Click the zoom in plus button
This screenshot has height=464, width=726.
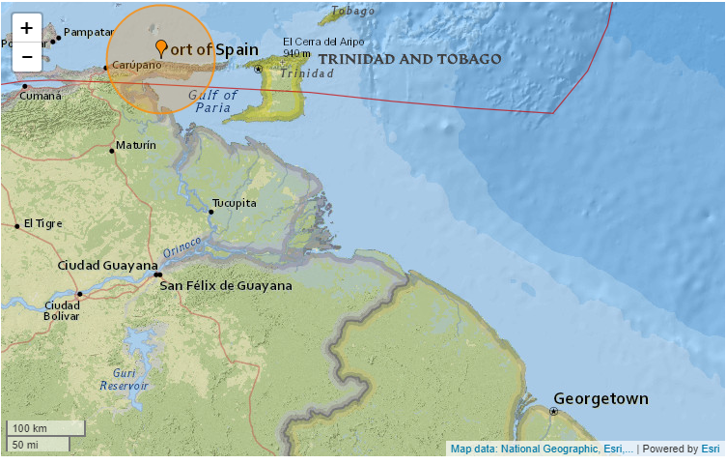[26, 29]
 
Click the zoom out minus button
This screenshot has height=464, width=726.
[26, 57]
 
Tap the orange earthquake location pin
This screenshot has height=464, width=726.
[160, 47]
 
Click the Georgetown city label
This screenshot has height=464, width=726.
[600, 398]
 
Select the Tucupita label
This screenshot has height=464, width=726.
[236, 203]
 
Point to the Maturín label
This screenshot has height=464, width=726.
[135, 146]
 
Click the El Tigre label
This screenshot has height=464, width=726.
[43, 223]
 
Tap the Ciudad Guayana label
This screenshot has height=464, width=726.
[107, 265]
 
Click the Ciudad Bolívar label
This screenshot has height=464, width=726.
[62, 310]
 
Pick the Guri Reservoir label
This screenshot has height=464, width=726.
[124, 379]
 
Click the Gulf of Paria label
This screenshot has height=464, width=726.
[212, 101]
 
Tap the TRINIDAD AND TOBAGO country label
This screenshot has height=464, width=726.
[409, 59]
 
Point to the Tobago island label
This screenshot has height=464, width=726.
[351, 12]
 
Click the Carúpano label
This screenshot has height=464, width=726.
[135, 65]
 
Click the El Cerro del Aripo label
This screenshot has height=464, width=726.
[322, 41]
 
